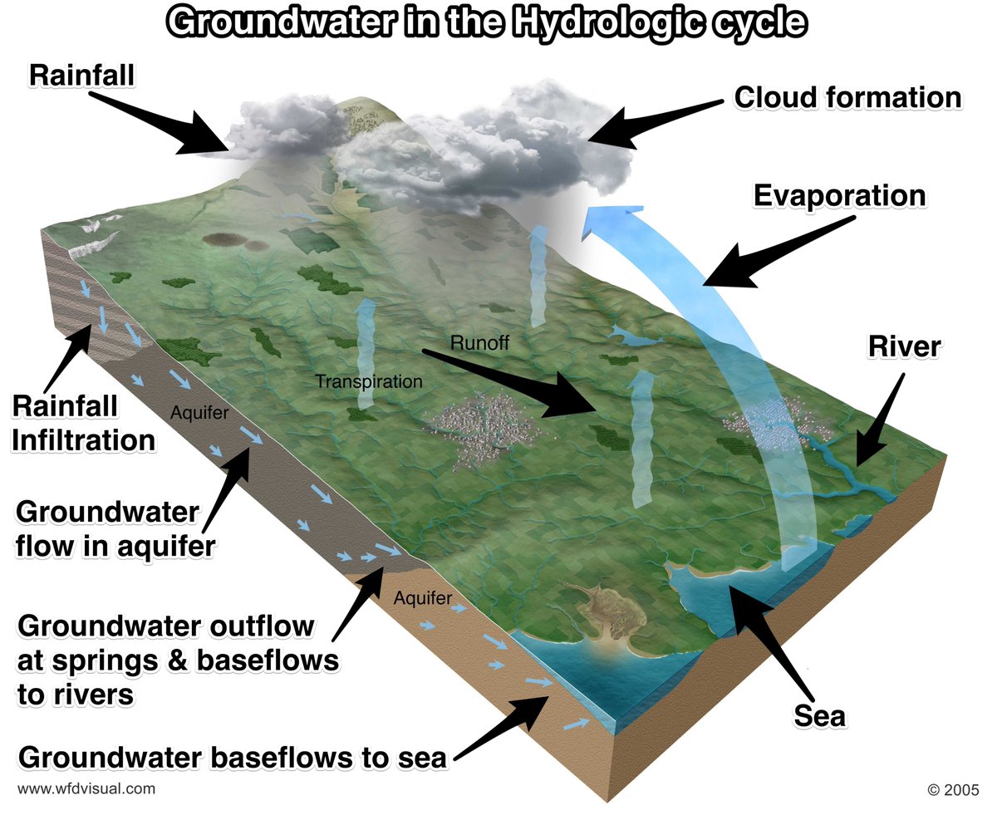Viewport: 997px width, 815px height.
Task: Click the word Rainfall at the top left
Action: [x=81, y=75]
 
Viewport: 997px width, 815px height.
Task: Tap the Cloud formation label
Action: [x=847, y=97]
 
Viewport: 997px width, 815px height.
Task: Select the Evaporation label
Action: [x=839, y=196]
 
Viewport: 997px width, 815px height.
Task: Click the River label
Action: [x=904, y=346]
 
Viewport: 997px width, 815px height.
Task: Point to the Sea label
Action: [x=819, y=714]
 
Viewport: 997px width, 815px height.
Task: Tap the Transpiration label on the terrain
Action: [x=369, y=382]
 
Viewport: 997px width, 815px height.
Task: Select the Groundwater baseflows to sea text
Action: [x=233, y=757]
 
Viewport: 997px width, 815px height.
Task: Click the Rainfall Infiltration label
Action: [x=83, y=423]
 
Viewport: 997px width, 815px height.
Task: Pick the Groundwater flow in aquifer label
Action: [x=108, y=528]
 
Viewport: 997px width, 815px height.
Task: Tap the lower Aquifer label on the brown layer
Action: [x=423, y=597]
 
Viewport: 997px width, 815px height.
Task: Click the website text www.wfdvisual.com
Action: [x=86, y=788]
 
